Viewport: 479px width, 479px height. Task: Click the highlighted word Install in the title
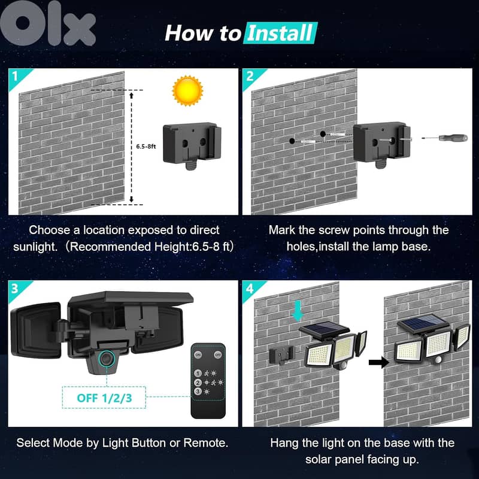pyautogui.click(x=280, y=32)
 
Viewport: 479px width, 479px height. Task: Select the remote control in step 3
pyautogui.click(x=207, y=380)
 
